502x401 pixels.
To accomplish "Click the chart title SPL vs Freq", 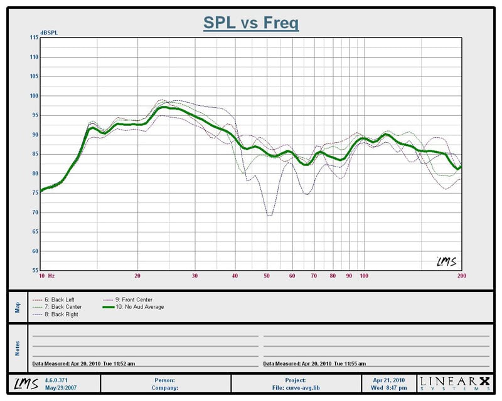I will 250,23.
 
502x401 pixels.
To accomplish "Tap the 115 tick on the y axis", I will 34,38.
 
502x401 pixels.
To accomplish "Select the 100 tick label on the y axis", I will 34,96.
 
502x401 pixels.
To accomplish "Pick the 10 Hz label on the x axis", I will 46,276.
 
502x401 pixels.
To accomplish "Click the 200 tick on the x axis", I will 462,276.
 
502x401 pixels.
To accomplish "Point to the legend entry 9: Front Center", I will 129,300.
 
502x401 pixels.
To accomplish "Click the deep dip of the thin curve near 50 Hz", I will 269,215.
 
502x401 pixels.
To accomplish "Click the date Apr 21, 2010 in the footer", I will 390,380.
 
